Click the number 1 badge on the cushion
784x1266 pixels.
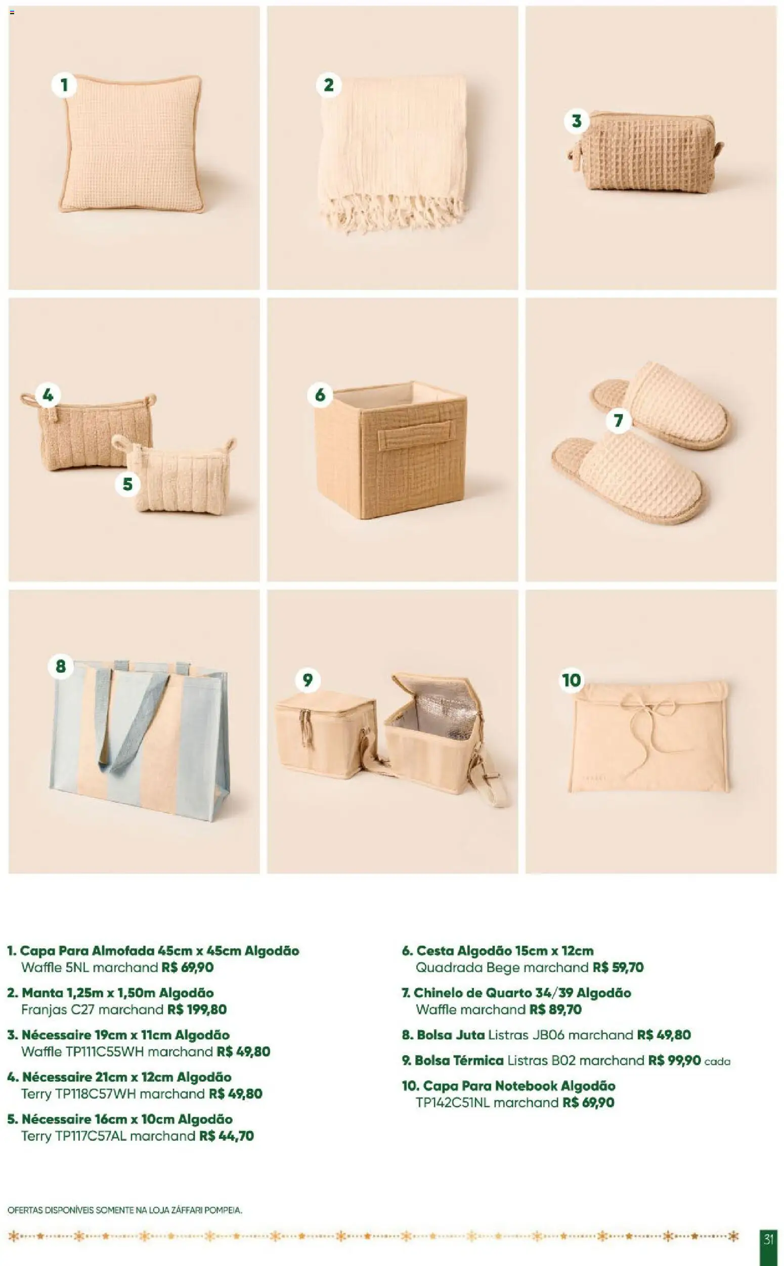(x=64, y=84)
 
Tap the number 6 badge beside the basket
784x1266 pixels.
(x=320, y=395)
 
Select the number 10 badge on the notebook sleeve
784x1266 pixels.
(x=572, y=680)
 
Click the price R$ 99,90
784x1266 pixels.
(x=674, y=1060)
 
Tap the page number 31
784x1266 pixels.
(x=768, y=1240)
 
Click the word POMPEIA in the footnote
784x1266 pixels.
(x=223, y=1210)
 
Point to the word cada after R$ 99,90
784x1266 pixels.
(x=717, y=1061)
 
